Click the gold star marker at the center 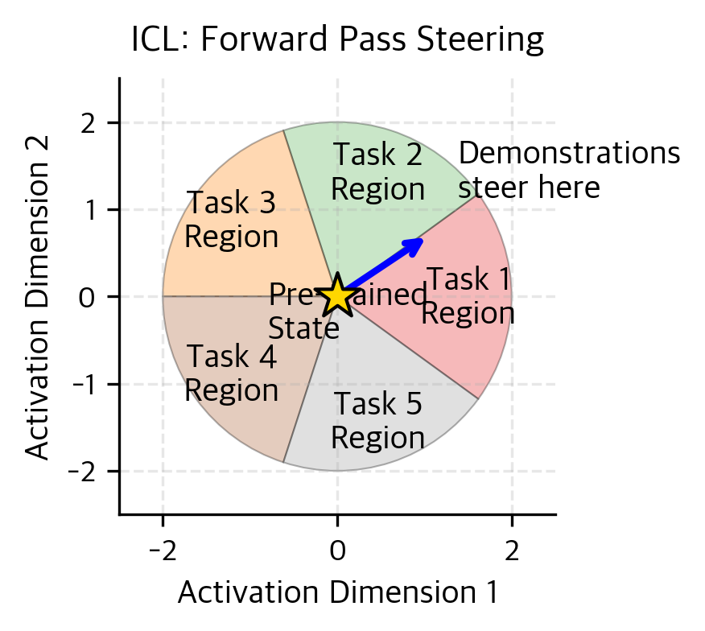pos(337,295)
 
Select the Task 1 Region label pos(468,296)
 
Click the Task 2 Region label pos(377,171)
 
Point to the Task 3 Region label pos(231,220)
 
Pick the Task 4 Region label pos(231,373)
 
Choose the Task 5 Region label pos(377,421)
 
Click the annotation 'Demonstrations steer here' pos(569,171)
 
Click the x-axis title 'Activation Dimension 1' pos(337,592)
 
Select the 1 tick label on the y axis pos(90,210)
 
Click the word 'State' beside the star pos(303,328)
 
